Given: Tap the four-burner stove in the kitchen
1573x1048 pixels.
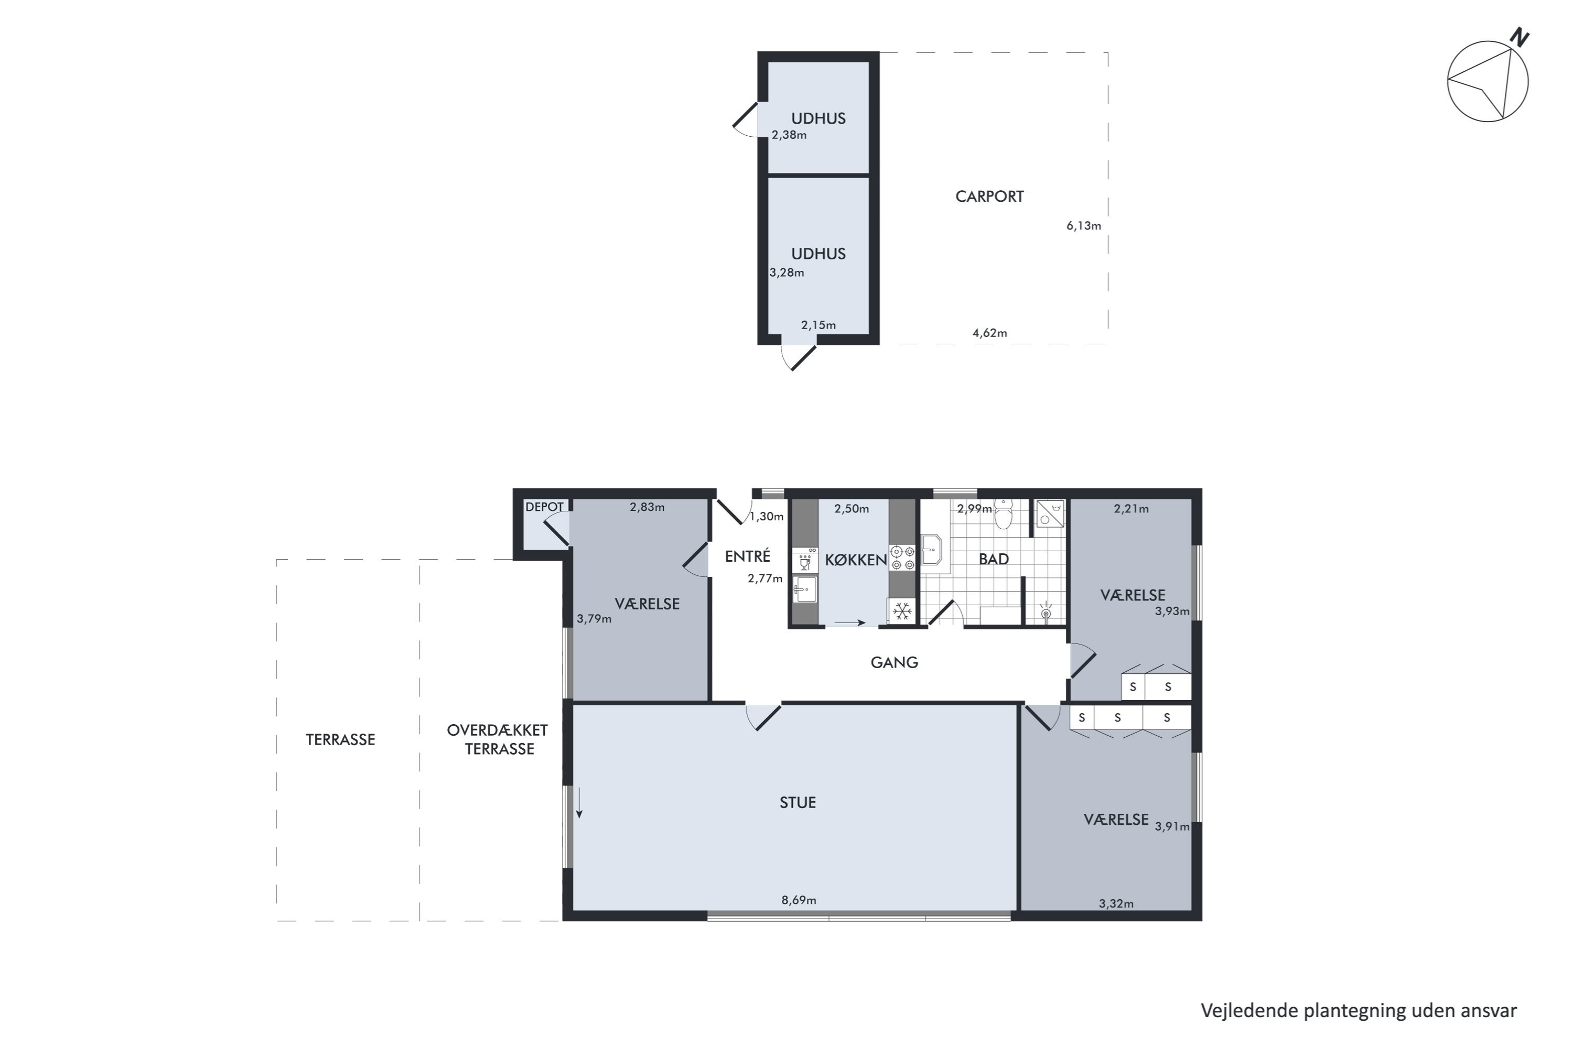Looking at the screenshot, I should point(903,558).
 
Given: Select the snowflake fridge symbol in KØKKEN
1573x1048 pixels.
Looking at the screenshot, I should point(903,611).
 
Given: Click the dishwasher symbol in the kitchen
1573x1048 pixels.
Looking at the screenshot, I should point(804,560).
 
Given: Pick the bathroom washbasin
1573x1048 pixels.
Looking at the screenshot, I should point(931,550).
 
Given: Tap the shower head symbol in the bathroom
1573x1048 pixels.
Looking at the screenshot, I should point(1046,612).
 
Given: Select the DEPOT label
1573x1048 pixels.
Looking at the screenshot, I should point(544,507).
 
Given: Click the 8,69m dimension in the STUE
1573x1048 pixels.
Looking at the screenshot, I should point(799,900).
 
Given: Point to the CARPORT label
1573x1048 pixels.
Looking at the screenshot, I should point(989,196).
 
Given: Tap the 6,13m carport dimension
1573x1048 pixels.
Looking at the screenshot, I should point(1083,226).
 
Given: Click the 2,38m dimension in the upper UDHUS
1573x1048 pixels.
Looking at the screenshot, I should point(789,135).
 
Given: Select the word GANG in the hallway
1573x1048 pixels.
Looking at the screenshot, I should point(894,662).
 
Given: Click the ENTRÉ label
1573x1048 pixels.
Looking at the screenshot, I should point(748,556).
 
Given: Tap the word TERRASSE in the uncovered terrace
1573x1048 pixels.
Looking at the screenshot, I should point(340,740).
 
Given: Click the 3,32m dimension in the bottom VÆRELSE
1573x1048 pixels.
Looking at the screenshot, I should point(1116,903).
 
